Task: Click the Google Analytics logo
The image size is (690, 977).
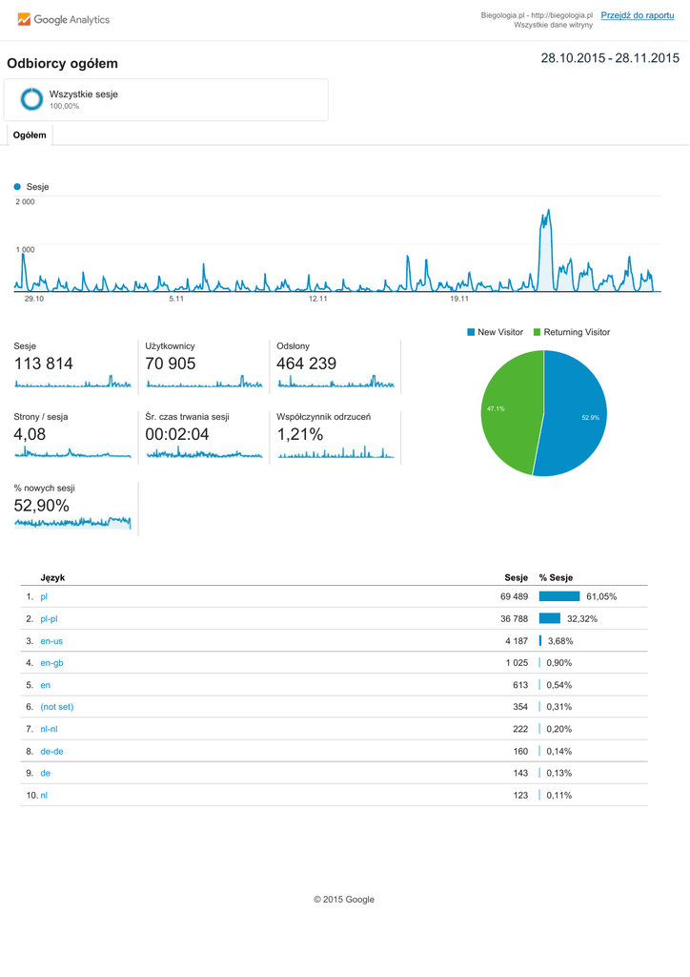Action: tap(63, 19)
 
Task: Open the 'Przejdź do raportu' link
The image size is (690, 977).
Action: tap(638, 15)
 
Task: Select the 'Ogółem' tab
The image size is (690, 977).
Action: tap(30, 135)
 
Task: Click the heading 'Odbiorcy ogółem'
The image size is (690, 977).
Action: tap(62, 64)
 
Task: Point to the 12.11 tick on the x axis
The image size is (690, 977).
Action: tap(317, 299)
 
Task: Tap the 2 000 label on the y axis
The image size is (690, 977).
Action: tap(26, 202)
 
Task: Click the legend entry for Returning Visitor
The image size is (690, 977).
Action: tap(571, 332)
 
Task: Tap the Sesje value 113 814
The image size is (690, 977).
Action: tap(43, 364)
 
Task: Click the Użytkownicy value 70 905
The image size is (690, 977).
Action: tap(171, 364)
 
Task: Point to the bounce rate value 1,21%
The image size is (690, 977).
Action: tap(300, 434)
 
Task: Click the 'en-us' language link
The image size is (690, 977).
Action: tap(51, 641)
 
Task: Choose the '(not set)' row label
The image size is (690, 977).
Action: tap(56, 707)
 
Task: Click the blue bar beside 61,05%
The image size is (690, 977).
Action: tap(558, 596)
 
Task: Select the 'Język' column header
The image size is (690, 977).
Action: tap(52, 577)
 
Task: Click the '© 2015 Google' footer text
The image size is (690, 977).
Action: tap(344, 899)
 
